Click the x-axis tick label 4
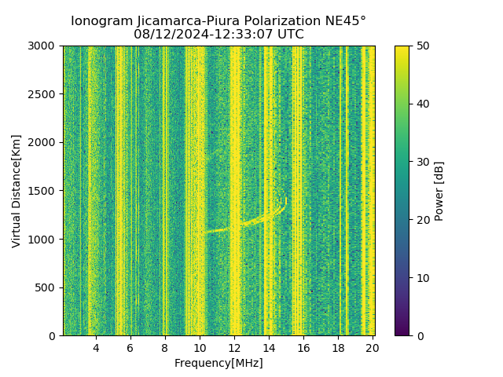(96, 347)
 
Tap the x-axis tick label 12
(234, 347)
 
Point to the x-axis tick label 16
(303, 347)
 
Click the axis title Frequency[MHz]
(218, 363)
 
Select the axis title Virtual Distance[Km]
(17, 191)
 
